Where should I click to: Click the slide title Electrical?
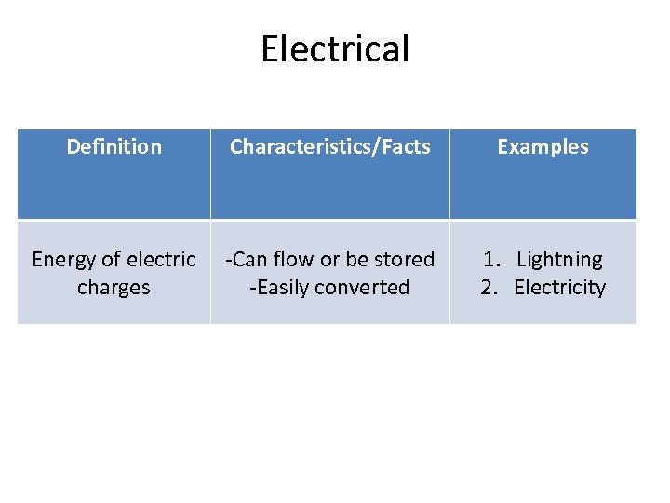(335, 48)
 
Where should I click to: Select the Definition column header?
(114, 146)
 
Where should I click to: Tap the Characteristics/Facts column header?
(329, 146)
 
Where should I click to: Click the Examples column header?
(543, 146)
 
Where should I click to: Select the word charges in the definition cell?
(114, 288)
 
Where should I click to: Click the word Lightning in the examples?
(559, 259)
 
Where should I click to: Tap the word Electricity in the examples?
(559, 287)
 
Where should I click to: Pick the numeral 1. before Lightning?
(489, 259)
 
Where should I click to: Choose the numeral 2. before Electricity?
(489, 287)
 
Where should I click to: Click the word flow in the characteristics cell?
(293, 259)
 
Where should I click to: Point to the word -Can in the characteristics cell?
(246, 259)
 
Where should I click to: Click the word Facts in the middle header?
(404, 146)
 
